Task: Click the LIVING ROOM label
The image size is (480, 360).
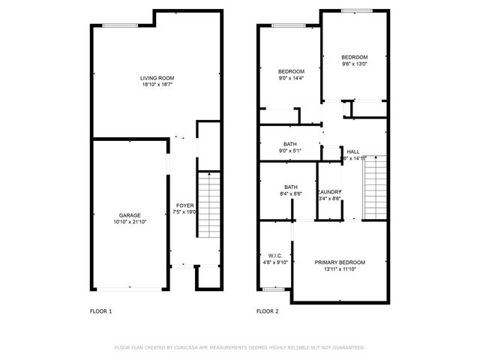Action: (x=157, y=78)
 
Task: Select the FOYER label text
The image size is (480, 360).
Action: (x=184, y=205)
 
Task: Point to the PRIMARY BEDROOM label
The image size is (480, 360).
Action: (x=340, y=262)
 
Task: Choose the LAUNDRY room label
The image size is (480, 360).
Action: (x=330, y=192)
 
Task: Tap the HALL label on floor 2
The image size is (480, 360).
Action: (x=353, y=151)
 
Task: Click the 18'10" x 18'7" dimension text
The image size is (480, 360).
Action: (x=157, y=85)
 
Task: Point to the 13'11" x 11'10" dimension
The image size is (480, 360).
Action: (x=340, y=269)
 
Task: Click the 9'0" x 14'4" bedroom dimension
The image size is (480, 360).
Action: (x=291, y=78)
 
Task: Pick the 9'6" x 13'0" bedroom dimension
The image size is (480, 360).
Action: (x=355, y=64)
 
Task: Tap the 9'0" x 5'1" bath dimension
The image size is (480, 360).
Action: (x=290, y=151)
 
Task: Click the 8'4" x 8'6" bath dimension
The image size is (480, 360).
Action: (x=291, y=194)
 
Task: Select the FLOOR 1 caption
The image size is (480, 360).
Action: (x=100, y=310)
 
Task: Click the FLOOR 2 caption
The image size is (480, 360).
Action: (x=267, y=310)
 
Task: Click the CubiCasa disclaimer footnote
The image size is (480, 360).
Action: (x=240, y=347)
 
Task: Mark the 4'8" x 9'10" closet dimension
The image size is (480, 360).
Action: (x=274, y=262)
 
